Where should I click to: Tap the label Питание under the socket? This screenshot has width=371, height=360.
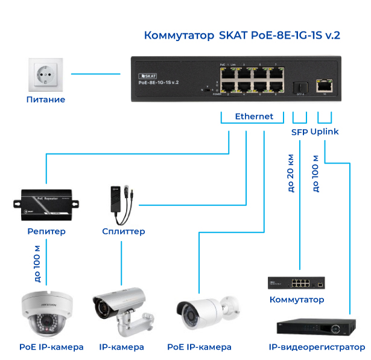pos(45,100)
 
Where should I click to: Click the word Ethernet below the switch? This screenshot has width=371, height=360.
pos(254,117)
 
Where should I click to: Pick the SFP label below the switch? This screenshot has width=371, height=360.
pos(299,132)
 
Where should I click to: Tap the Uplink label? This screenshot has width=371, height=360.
pos(325,132)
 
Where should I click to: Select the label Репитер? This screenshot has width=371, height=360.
pos(46,231)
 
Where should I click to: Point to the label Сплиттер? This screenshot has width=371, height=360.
pos(124,231)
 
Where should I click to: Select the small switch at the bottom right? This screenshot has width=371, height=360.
pos(297,282)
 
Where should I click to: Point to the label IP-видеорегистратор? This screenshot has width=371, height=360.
pos(317,347)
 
